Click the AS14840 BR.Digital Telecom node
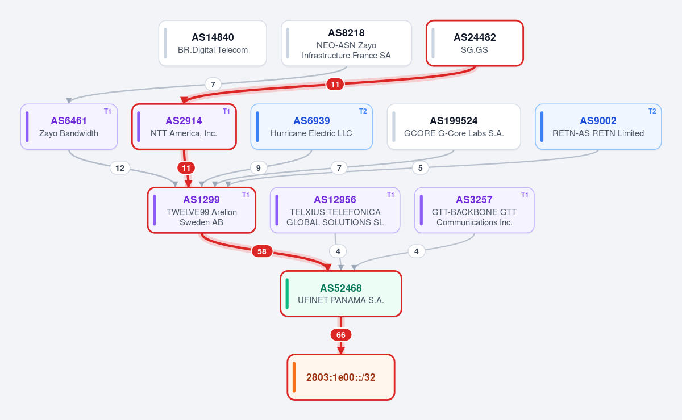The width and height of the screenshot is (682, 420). pyautogui.click(x=213, y=43)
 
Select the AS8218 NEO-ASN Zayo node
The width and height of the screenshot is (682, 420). pyautogui.click(x=346, y=43)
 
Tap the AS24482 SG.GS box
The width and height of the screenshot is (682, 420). pyautogui.click(x=475, y=43)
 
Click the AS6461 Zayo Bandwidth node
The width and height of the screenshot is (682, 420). pyautogui.click(x=69, y=127)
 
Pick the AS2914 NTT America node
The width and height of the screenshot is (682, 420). pyautogui.click(x=184, y=127)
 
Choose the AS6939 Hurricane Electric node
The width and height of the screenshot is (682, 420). pyautogui.click(x=311, y=127)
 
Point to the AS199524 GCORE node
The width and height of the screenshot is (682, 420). pyautogui.click(x=454, y=127)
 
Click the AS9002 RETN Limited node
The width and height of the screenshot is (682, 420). pyautogui.click(x=598, y=127)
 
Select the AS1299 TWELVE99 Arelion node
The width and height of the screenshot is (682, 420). pyautogui.click(x=202, y=210)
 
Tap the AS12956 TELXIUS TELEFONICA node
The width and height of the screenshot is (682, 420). pyautogui.click(x=335, y=210)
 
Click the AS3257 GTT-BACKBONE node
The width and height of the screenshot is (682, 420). pyautogui.click(x=475, y=210)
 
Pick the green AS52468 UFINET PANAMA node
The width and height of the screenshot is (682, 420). pyautogui.click(x=341, y=294)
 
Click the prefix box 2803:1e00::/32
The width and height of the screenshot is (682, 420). pyautogui.click(x=341, y=377)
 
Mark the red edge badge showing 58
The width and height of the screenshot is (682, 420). pyautogui.click(x=262, y=251)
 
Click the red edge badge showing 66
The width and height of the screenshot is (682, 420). pyautogui.click(x=341, y=335)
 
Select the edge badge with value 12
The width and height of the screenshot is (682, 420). pyautogui.click(x=120, y=168)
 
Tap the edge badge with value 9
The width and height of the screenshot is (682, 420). pyautogui.click(x=259, y=168)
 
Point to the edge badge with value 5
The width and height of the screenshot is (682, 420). pyautogui.click(x=421, y=168)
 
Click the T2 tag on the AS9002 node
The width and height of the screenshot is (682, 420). pyautogui.click(x=652, y=111)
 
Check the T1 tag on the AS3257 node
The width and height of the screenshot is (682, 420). pyautogui.click(x=525, y=195)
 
